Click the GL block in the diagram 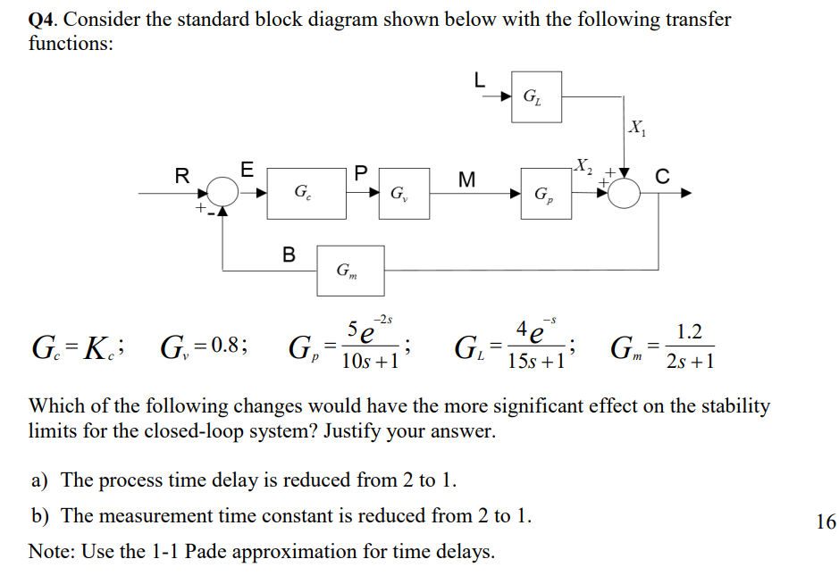click(536, 96)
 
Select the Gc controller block click(306, 192)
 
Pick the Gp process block click(542, 193)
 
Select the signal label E click(248, 167)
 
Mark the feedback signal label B click(289, 254)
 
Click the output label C click(662, 176)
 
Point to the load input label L click(480, 79)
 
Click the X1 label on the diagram click(637, 126)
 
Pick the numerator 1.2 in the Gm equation click(690, 332)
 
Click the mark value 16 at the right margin click(826, 522)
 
